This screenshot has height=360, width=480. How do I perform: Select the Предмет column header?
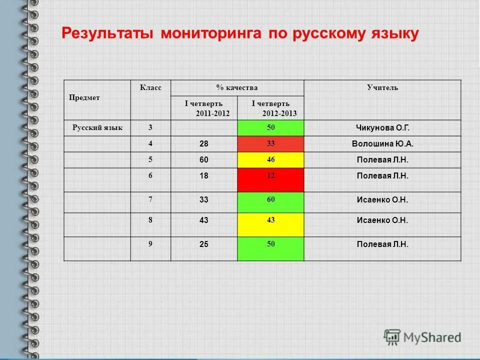[x=84, y=98]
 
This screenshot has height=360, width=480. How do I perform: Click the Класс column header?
[x=150, y=88]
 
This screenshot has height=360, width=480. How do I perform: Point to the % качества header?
[x=237, y=88]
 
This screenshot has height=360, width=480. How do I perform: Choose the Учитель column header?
[x=382, y=88]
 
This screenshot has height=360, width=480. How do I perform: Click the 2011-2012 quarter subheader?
[x=204, y=108]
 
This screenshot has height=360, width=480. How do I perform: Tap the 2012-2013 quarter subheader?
[x=270, y=108]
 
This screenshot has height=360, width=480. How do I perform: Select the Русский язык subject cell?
[x=97, y=128]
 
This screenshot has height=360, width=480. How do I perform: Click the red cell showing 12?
[x=270, y=179]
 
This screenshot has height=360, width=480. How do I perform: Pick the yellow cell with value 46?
[x=270, y=160]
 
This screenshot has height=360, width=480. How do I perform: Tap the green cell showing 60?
[x=270, y=202]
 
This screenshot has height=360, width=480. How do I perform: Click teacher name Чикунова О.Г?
[x=382, y=128]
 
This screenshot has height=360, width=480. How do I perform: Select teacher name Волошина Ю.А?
[x=382, y=144]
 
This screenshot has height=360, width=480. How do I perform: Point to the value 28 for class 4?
[x=204, y=144]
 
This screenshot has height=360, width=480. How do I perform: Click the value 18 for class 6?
[x=204, y=176]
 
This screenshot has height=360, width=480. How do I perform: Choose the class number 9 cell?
[x=150, y=244]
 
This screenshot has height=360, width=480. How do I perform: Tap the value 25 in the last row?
[x=204, y=244]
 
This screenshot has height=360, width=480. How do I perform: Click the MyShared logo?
[x=422, y=337]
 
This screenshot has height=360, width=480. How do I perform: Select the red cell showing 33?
[x=270, y=144]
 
